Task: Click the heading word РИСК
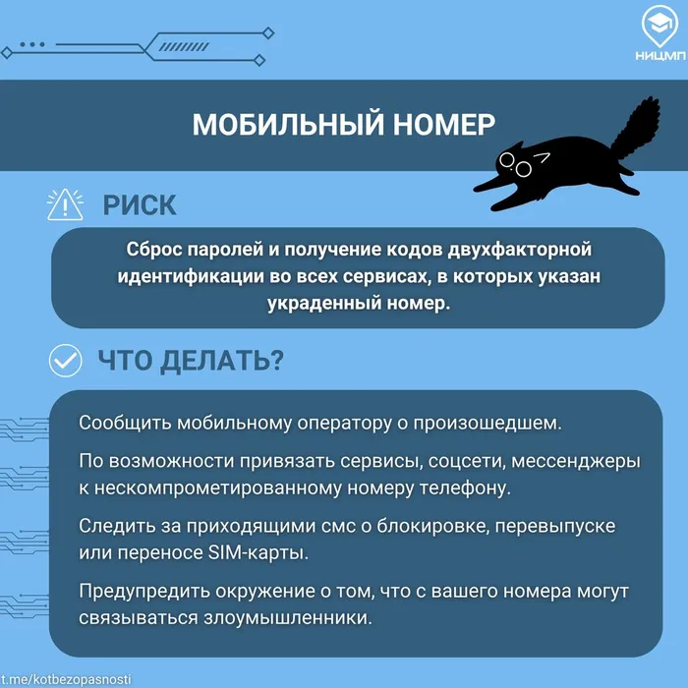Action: click(x=140, y=204)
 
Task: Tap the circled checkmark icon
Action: click(x=66, y=361)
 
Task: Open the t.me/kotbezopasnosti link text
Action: click(x=66, y=679)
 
